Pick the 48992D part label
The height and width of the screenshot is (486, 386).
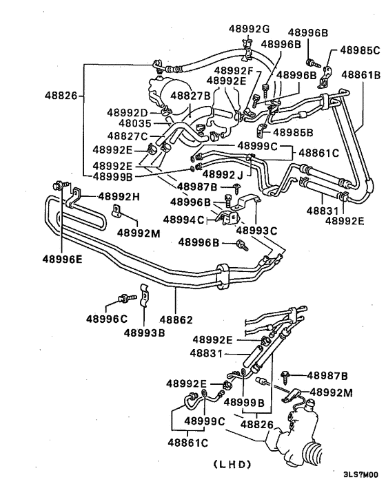point(128,112)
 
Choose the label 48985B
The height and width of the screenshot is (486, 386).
point(293,133)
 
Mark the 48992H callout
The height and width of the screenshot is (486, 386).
point(118,196)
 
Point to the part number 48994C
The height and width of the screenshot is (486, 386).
point(183,220)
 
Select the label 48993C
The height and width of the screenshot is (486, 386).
point(257,230)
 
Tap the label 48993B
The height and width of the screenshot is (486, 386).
point(144,332)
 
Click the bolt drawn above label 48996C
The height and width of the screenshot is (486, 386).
point(124,298)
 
